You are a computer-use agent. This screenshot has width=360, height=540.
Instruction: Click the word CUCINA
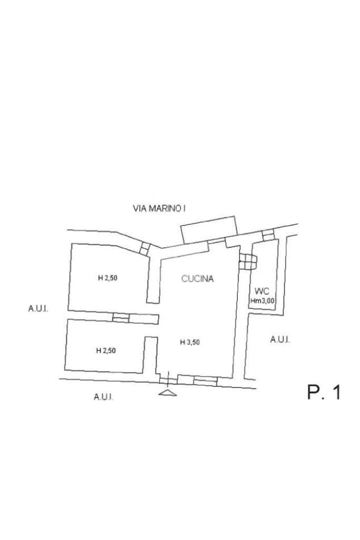pos(198,279)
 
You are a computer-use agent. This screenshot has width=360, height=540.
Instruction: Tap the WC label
pos(262,291)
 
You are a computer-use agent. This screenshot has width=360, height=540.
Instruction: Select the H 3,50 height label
pos(190,342)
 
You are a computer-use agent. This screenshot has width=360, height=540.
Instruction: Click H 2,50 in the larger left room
pos(108,278)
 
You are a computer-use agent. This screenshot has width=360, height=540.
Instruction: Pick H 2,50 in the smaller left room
pos(106,350)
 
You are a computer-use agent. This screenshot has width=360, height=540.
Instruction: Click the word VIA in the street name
pos(139,209)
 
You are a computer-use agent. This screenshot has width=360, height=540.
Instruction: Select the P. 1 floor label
pos(324,392)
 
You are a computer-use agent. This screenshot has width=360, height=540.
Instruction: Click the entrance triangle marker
pos(168,392)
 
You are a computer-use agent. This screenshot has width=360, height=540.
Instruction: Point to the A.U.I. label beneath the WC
pos(280,340)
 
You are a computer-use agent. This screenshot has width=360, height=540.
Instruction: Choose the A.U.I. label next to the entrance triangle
pos(103,397)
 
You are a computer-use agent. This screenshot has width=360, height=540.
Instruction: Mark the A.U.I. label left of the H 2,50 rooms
pos(38,308)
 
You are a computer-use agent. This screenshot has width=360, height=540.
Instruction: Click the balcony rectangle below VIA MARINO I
pos(209,230)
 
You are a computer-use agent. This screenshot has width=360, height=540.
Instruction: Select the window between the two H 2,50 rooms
pos(121,317)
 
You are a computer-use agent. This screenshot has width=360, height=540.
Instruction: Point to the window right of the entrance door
pos(205,380)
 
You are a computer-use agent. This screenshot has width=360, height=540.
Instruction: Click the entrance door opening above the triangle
pos(168,378)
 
